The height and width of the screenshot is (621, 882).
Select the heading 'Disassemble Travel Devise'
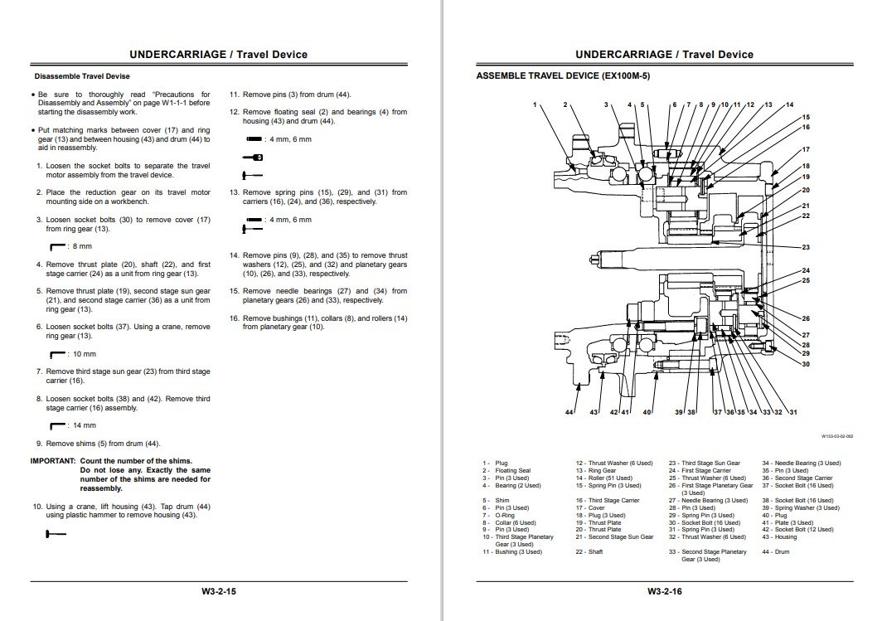[x=82, y=76]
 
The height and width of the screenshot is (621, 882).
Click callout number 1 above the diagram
[x=535, y=104]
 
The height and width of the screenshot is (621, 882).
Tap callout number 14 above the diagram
[x=789, y=104]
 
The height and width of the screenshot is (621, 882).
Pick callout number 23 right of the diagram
[x=806, y=247]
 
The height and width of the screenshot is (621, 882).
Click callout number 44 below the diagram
[x=569, y=412]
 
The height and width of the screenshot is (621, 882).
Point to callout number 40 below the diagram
[x=647, y=412]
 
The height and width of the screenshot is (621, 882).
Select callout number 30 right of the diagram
[x=806, y=364]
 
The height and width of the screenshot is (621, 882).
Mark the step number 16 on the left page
[x=234, y=318]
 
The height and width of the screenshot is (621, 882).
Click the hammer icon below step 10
[x=56, y=536]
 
